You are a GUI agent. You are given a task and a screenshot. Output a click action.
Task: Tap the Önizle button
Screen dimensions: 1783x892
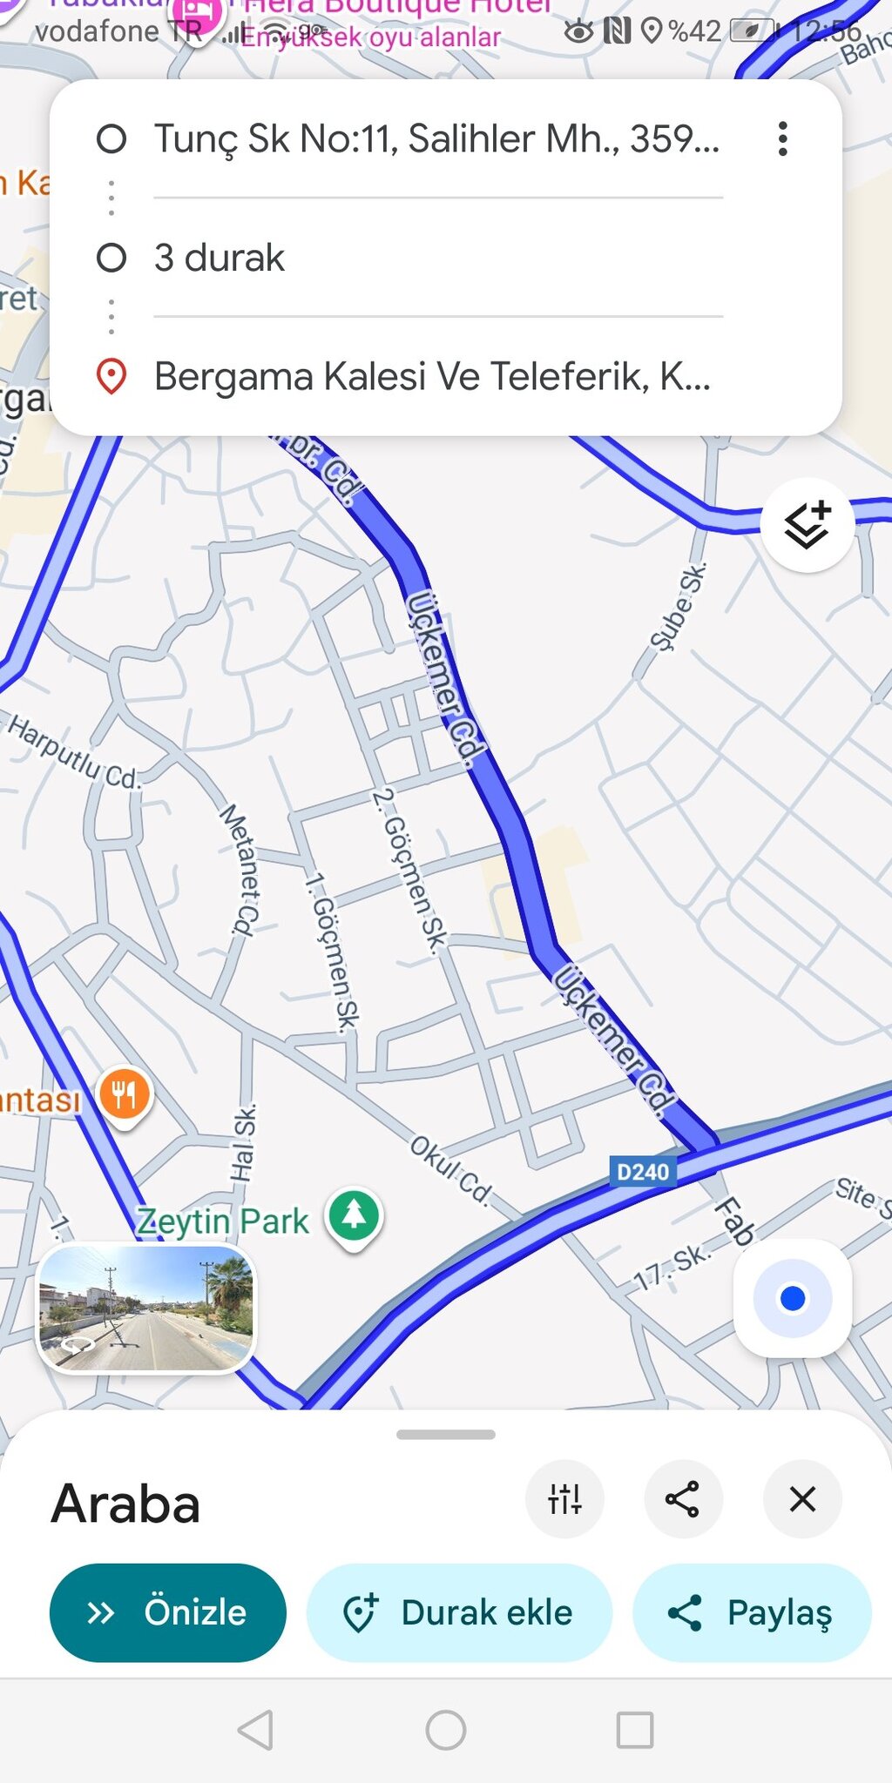pyautogui.click(x=167, y=1612)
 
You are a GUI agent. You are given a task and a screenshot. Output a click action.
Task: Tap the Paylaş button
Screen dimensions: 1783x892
pyautogui.click(x=752, y=1612)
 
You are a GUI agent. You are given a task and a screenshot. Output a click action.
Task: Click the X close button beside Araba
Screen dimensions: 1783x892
pyautogui.click(x=801, y=1499)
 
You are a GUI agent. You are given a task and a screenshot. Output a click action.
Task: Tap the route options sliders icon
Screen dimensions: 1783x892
pyautogui.click(x=564, y=1499)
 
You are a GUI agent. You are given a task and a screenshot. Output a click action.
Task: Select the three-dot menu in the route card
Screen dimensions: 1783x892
pyautogui.click(x=783, y=139)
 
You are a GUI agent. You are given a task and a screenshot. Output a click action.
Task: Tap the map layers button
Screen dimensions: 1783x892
pyautogui.click(x=807, y=525)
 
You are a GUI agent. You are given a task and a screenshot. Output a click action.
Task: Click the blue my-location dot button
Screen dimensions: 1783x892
pyautogui.click(x=792, y=1298)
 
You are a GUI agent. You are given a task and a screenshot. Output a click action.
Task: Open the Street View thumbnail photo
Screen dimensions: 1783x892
pyautogui.click(x=146, y=1308)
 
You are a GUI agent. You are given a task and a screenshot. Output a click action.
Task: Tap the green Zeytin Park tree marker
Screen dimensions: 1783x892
pyautogui.click(x=354, y=1214)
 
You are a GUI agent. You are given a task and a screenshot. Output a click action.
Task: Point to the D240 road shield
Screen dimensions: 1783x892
pyautogui.click(x=643, y=1172)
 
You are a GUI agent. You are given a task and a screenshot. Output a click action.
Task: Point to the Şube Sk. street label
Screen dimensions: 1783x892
pyautogui.click(x=679, y=607)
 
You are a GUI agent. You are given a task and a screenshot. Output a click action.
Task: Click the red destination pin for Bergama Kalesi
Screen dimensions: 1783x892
pyautogui.click(x=111, y=376)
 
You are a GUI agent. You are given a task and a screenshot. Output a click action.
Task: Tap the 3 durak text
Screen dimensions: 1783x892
pyautogui.click(x=220, y=258)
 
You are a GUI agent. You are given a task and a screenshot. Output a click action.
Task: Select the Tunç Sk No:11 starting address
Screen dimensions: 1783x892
pyautogui.click(x=436, y=139)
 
